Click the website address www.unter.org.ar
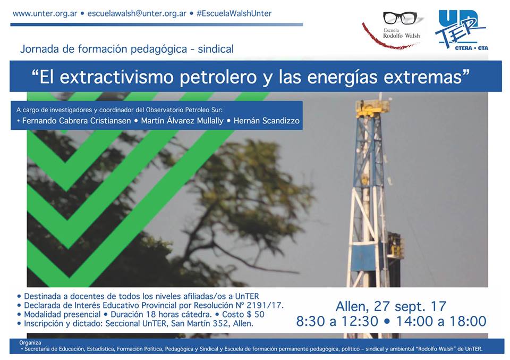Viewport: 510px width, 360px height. coord(45,14)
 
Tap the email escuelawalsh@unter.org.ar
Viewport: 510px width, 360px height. coord(137,14)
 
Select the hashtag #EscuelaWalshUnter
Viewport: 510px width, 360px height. coord(234,13)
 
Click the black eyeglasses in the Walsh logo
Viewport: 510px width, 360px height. coord(399,18)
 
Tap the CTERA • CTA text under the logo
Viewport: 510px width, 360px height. coord(471,48)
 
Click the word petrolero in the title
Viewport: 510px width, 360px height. coord(218,77)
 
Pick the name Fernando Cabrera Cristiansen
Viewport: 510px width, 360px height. coord(76,121)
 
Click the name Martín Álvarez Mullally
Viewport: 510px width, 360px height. coord(182,121)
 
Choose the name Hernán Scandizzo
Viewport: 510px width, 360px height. coord(266,121)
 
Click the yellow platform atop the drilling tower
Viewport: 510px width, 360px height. coord(373,108)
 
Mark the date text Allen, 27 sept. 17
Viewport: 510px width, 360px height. coord(390,307)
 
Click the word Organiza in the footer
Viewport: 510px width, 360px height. coord(30,342)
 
